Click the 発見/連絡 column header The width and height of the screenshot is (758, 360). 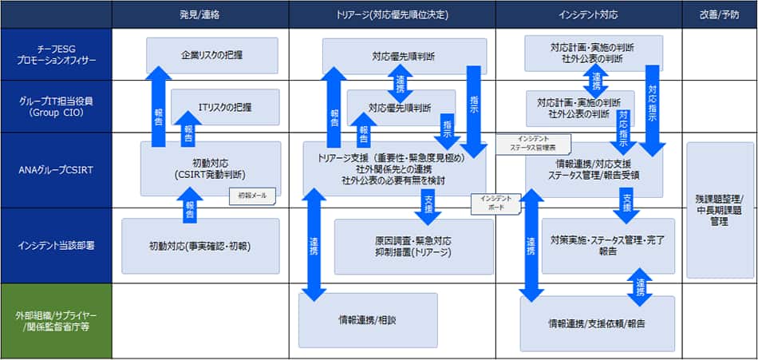pos(199,14)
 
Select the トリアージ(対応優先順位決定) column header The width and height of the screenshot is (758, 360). pos(392,14)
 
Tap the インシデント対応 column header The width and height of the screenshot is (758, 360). pos(588,14)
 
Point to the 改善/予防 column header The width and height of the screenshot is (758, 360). pos(719,14)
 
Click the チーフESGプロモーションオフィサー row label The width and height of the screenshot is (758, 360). pos(56,54)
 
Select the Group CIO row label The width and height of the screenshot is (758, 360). pos(56,107)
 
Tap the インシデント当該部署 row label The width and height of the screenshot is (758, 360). pos(56,245)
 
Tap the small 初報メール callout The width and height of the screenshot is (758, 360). pos(253,195)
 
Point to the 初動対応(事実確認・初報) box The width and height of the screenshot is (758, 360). pos(200,246)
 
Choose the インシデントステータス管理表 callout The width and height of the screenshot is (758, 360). pos(534,143)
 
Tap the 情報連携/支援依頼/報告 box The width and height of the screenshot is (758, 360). pos(597,323)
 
